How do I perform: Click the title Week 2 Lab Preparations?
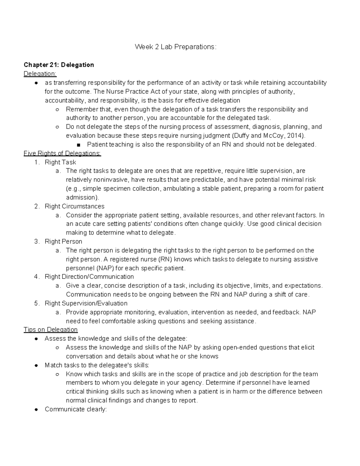pos(175,47)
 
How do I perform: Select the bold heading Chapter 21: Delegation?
pos(59,65)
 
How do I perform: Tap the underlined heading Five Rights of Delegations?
pos(62,153)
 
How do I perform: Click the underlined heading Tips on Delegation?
pos(51,330)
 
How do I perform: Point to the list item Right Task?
pos(60,162)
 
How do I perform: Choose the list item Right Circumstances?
pos(74,206)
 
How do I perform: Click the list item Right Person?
pos(63,242)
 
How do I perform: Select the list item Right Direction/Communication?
pos(89,277)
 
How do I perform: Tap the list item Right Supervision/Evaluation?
pos(86,303)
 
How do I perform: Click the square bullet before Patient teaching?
pos(79,145)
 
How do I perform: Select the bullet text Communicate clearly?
pos(76,409)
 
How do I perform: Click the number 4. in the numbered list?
pos(37,277)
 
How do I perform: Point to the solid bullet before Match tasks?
pos(36,365)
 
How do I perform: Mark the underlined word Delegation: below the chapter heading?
pos(40,74)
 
